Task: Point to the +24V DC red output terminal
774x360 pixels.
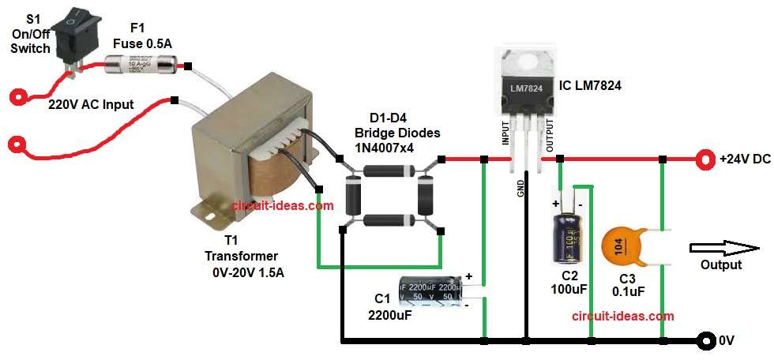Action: pos(703,159)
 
